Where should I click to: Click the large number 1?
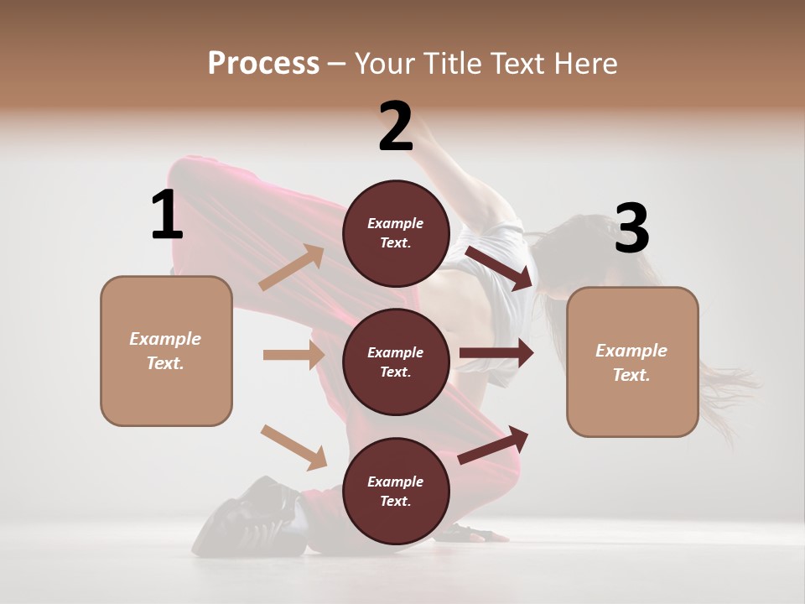pos(167,216)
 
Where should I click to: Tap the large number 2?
pos(396,127)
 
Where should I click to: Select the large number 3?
pos(632,229)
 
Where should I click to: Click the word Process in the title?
pos(263,63)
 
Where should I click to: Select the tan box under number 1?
pos(166,351)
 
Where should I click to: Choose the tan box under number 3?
pos(632,362)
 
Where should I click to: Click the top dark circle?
pos(396,233)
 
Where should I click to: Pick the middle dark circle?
pos(396,362)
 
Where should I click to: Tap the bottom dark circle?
pos(396,492)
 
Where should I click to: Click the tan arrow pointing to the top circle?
pos(292,268)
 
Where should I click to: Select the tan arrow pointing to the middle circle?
pos(293,355)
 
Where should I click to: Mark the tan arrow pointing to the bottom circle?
pos(293,447)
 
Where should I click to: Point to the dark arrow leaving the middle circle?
pos(496,354)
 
